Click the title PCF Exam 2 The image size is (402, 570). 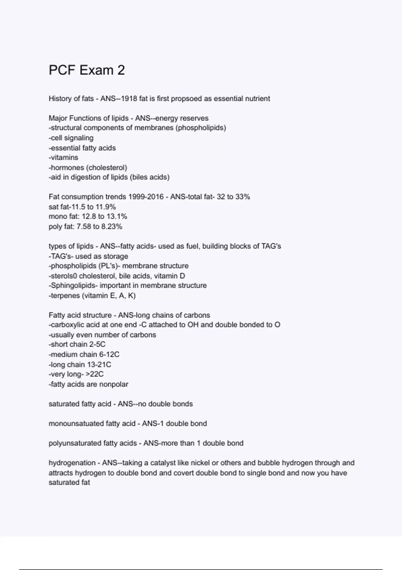tap(87, 70)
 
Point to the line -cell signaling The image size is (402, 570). tap(71, 138)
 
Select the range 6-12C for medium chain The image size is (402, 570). tap(109, 354)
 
